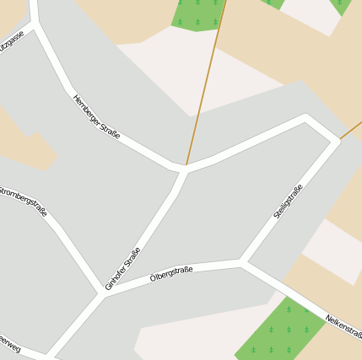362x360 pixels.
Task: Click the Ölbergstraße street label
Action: pyautogui.click(x=171, y=272)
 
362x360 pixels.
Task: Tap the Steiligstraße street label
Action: pyautogui.click(x=288, y=202)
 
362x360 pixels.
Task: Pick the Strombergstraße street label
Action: pyautogui.click(x=23, y=199)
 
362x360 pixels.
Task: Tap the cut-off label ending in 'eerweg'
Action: pyautogui.click(x=9, y=343)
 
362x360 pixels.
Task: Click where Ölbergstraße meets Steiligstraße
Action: pyautogui.click(x=241, y=262)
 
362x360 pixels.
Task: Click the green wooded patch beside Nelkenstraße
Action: pyautogui.click(x=278, y=333)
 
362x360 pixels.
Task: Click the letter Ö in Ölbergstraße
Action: pyautogui.click(x=153, y=277)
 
